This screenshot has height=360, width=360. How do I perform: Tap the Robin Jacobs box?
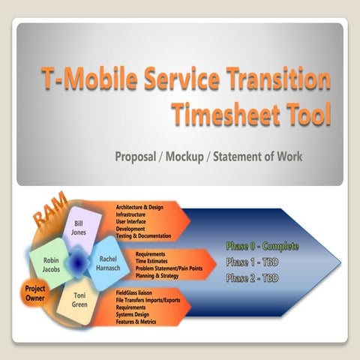point(52,262)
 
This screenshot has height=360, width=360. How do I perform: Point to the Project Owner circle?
point(34,292)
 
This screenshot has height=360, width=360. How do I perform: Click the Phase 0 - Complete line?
point(262,246)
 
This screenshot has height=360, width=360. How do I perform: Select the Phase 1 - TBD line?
point(253,262)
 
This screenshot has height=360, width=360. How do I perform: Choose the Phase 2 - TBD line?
point(253,279)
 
